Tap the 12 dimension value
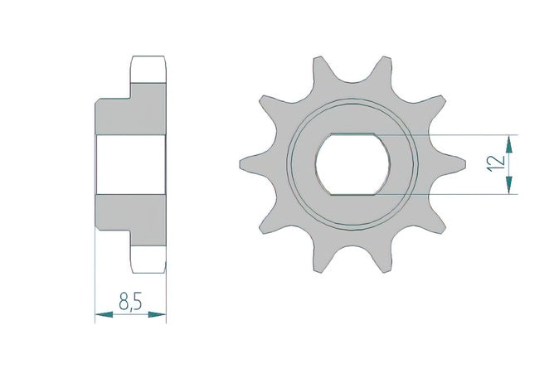point(496,163)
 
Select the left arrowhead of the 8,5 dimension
point(104,314)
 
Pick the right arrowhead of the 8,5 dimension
point(158,314)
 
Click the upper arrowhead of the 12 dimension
point(508,144)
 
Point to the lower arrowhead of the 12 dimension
point(508,185)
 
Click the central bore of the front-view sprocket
point(353,164)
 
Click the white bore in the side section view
point(131,164)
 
